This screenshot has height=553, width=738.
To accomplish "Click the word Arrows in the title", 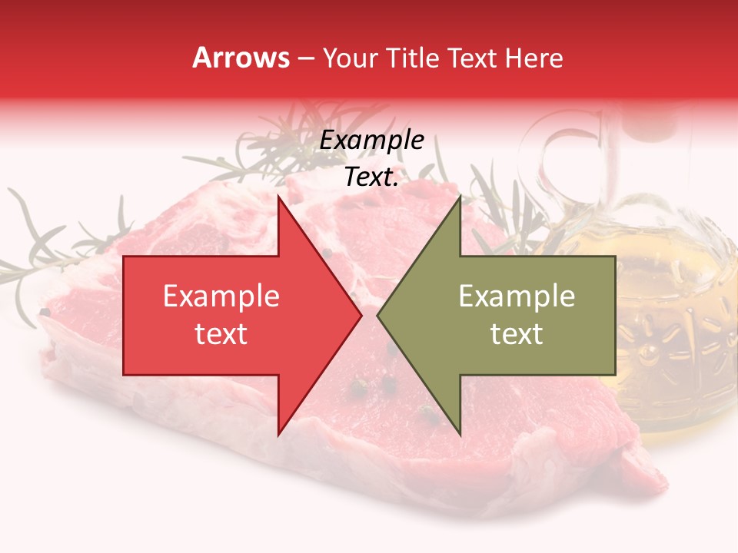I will click(x=241, y=58).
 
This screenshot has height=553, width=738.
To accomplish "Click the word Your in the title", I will click(x=351, y=58).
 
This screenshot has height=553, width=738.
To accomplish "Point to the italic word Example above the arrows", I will click(x=372, y=141).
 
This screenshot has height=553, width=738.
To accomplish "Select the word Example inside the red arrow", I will click(x=221, y=296).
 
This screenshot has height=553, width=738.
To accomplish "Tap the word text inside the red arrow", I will click(x=221, y=334).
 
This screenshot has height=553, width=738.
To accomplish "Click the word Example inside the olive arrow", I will click(x=517, y=296).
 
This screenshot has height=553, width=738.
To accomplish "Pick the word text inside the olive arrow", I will click(x=517, y=334).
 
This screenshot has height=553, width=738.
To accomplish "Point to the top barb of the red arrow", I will click(x=278, y=200).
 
